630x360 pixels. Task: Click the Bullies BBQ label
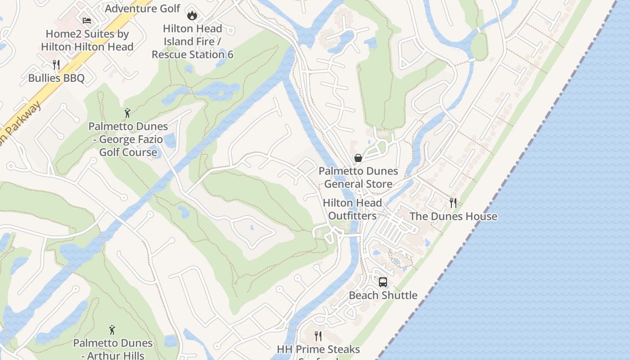click(56, 78)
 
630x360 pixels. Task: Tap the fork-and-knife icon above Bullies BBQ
click(56, 65)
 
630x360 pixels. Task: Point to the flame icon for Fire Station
click(192, 15)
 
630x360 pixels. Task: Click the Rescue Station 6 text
click(192, 54)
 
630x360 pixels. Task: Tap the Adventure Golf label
click(143, 8)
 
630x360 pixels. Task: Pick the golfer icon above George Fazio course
click(127, 112)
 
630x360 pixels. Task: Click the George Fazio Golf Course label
click(128, 139)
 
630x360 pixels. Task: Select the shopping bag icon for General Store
click(358, 158)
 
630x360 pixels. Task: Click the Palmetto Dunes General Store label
click(358, 177)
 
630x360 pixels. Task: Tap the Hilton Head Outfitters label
click(352, 209)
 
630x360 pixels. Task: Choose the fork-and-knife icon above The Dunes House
click(453, 203)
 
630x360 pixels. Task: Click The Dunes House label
click(453, 216)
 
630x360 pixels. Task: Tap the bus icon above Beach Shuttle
click(383, 282)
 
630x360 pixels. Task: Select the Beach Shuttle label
click(383, 295)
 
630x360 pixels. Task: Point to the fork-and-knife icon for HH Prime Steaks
click(318, 336)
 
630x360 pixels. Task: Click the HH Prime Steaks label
click(318, 349)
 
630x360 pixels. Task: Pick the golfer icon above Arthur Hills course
click(112, 330)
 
